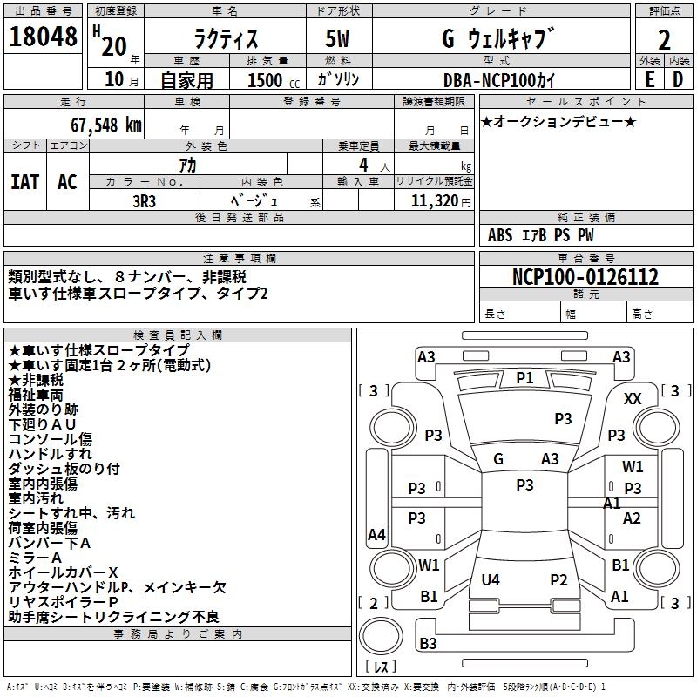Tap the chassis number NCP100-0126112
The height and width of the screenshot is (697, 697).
(585, 277)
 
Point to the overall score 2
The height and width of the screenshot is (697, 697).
(664, 40)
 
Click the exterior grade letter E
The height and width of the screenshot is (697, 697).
(649, 78)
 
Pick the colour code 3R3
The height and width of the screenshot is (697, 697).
(145, 200)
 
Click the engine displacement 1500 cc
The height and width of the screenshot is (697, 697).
(265, 79)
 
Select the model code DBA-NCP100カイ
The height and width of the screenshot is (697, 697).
(497, 79)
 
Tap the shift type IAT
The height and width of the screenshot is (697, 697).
(24, 181)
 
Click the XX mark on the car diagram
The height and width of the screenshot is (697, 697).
(633, 398)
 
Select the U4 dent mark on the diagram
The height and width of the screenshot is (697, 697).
(491, 579)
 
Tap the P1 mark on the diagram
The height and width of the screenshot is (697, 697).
(524, 377)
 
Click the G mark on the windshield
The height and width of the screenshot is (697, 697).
(498, 459)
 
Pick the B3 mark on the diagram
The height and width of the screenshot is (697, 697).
(428, 644)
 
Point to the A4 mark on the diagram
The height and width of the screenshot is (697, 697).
(376, 535)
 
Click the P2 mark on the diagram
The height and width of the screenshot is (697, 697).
(558, 579)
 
